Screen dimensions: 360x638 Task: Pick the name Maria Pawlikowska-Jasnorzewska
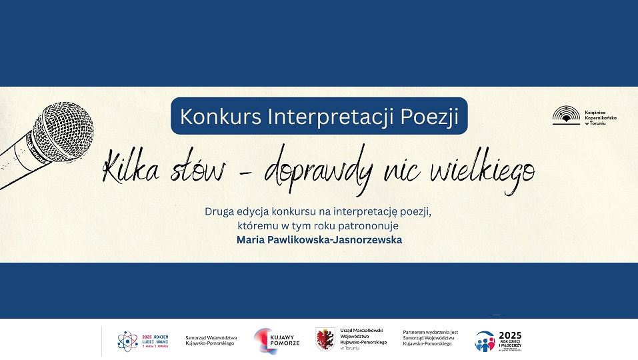(319, 239)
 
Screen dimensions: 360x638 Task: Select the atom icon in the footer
(125, 341)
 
